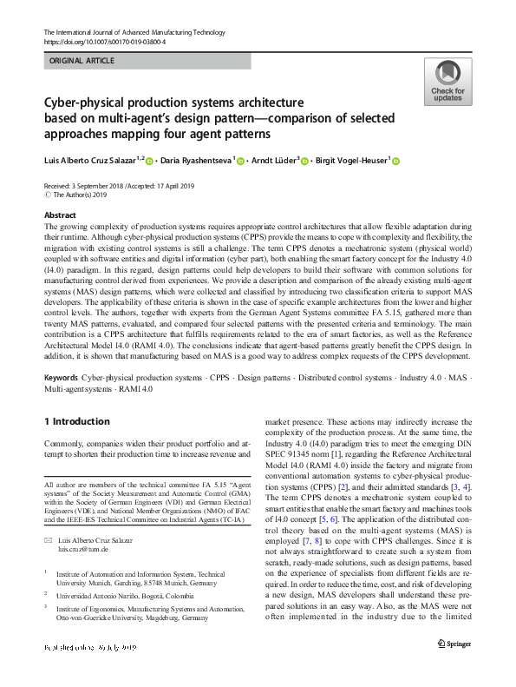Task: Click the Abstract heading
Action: point(59,215)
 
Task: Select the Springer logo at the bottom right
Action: point(454,669)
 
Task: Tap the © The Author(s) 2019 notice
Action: point(78,196)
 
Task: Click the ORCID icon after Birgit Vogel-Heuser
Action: point(396,160)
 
